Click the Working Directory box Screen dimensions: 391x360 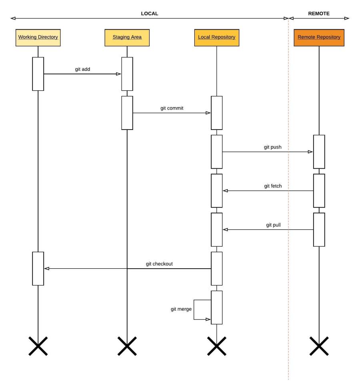click(38, 37)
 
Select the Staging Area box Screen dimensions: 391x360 click(127, 37)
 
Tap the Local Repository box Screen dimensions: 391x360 click(216, 37)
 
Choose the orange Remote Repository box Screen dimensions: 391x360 click(319, 37)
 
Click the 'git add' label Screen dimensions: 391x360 click(82, 69)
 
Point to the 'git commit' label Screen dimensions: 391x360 click(172, 108)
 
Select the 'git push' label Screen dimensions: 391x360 click(272, 147)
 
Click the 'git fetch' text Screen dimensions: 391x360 click(273, 186)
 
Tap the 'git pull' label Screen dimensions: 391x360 click(273, 225)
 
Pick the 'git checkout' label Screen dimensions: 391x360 click(159, 264)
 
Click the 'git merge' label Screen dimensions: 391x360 click(182, 309)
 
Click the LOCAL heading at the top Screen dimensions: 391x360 click(150, 13)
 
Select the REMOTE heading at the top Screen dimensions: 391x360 click(319, 13)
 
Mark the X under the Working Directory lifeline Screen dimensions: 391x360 click(38, 346)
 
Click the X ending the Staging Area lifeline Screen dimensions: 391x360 click(127, 346)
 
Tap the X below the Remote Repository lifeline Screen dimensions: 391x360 click(319, 346)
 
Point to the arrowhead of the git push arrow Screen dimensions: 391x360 click(310, 152)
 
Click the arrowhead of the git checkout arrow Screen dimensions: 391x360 click(47, 269)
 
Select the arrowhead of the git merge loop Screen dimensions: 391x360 click(208, 319)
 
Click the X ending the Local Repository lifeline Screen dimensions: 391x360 click(216, 346)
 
